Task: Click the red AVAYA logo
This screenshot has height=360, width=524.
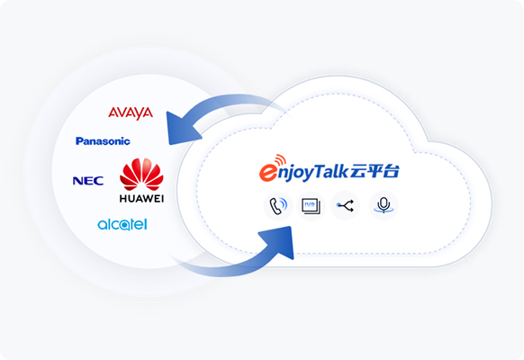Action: click(x=131, y=113)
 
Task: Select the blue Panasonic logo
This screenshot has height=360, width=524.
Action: click(x=103, y=141)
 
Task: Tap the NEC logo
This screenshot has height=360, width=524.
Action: click(x=88, y=181)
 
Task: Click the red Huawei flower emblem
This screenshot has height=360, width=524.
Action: click(x=141, y=175)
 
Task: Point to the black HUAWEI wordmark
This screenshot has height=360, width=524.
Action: click(x=141, y=199)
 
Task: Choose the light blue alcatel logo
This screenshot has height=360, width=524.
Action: click(x=122, y=225)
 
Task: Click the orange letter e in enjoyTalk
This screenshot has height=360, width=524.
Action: click(x=268, y=172)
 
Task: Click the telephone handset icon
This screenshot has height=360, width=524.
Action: click(x=278, y=206)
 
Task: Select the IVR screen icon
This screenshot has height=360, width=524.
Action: click(x=311, y=206)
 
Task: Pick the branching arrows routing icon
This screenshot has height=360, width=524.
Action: click(x=346, y=206)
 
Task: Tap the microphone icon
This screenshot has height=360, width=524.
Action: click(x=384, y=205)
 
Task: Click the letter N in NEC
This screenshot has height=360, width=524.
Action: click(x=78, y=181)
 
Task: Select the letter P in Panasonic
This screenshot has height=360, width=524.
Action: click(x=79, y=141)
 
